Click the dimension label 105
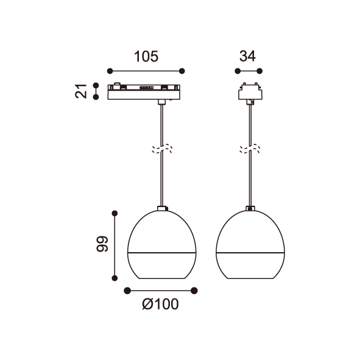[x=146, y=57]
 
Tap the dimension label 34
[x=247, y=56]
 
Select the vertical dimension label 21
[x=81, y=91]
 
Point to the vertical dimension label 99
[x=102, y=244]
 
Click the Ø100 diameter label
[x=160, y=304]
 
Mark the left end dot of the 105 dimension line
[x=110, y=71]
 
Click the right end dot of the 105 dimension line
[x=182, y=71]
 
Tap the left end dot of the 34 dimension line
[x=238, y=71]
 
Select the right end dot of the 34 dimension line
[x=259, y=71]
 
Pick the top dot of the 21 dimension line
[x=96, y=86]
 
